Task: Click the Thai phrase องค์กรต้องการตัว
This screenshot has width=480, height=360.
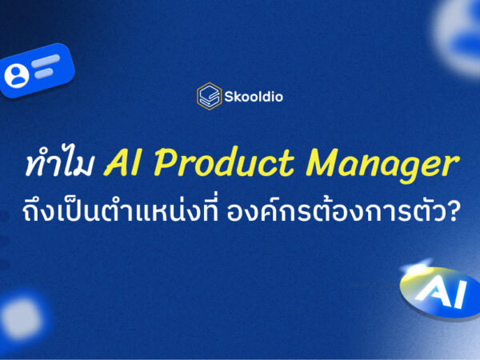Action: pyautogui.click(x=351, y=213)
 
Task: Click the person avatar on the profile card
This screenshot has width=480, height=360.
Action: pyautogui.click(x=16, y=75)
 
